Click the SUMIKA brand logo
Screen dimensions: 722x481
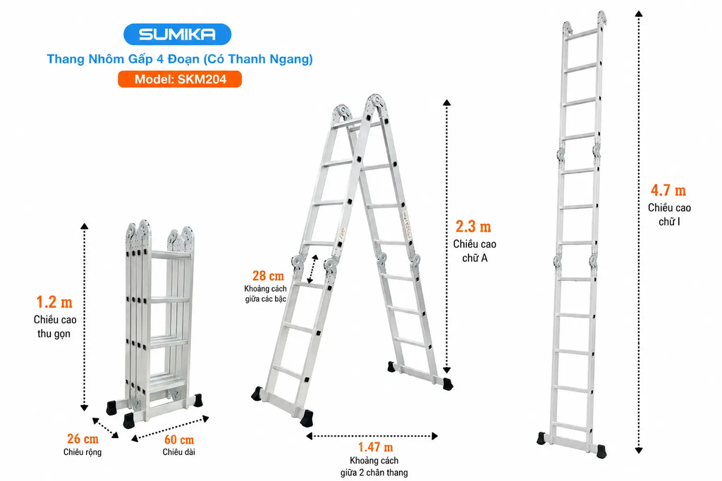tap(177, 34)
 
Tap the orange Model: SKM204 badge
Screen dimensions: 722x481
tap(180, 79)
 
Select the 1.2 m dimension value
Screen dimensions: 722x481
tap(54, 302)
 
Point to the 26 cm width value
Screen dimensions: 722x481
tap(83, 439)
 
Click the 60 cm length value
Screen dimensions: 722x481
tap(179, 439)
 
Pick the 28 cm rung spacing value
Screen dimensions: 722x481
tap(268, 276)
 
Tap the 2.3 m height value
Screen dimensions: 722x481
tap(473, 227)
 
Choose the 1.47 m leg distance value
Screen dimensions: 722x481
tap(375, 447)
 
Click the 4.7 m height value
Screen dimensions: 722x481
tap(668, 190)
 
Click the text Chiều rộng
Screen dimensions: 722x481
tap(82, 452)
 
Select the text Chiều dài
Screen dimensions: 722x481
tap(178, 452)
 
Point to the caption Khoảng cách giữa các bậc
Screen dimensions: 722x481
tap(265, 294)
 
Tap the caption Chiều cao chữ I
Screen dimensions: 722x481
tap(670, 215)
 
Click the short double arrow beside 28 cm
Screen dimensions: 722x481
tap(312, 269)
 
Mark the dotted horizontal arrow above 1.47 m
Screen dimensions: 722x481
tap(372, 436)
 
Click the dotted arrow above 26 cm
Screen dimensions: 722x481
tap(105, 427)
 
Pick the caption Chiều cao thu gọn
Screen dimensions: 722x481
tap(55, 327)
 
